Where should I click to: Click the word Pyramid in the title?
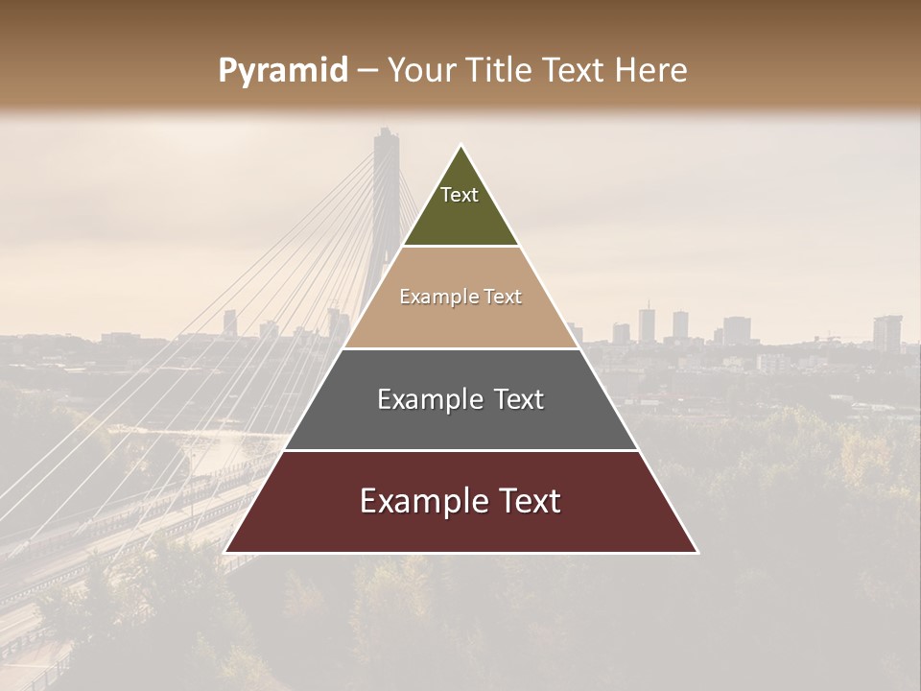tap(282, 71)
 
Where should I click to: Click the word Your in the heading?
tap(420, 71)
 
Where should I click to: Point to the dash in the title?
tap(366, 71)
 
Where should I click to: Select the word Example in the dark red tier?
tap(418, 501)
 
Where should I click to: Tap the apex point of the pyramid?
tap(460, 146)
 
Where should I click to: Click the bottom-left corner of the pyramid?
tap(225, 552)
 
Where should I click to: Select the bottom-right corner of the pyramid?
tap(697, 552)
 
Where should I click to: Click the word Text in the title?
tap(579, 71)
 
